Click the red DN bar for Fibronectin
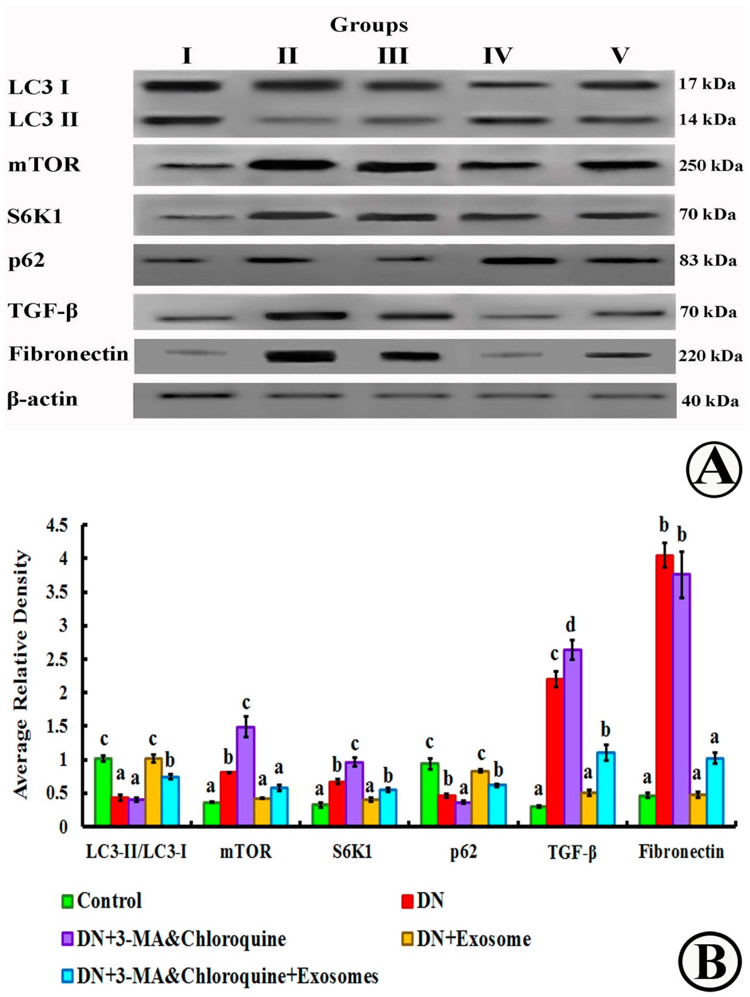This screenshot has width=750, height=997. (664, 690)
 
